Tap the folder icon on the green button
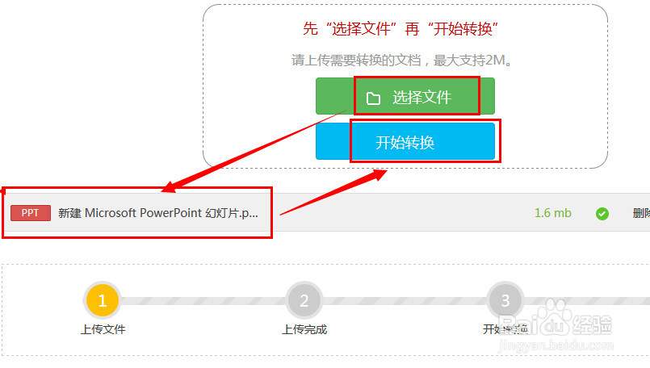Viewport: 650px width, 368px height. pyautogui.click(x=373, y=98)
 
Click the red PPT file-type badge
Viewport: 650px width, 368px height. pyautogui.click(x=31, y=213)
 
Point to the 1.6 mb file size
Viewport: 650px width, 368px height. pyautogui.click(x=552, y=213)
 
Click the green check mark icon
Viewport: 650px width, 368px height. pyautogui.click(x=602, y=214)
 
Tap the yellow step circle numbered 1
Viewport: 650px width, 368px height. pyautogui.click(x=102, y=301)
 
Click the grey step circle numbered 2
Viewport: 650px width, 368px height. pyautogui.click(x=304, y=301)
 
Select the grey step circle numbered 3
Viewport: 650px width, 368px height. pyautogui.click(x=505, y=301)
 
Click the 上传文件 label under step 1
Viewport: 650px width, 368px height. pyautogui.click(x=103, y=329)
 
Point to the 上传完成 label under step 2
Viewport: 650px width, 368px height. pyautogui.click(x=304, y=329)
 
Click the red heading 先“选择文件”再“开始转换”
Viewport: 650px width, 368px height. pyautogui.click(x=400, y=30)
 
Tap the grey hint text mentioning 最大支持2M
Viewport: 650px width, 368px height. pyautogui.click(x=403, y=61)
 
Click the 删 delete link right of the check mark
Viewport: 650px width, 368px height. pyautogui.click(x=640, y=213)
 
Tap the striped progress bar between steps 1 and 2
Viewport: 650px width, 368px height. pyautogui.click(x=203, y=301)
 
